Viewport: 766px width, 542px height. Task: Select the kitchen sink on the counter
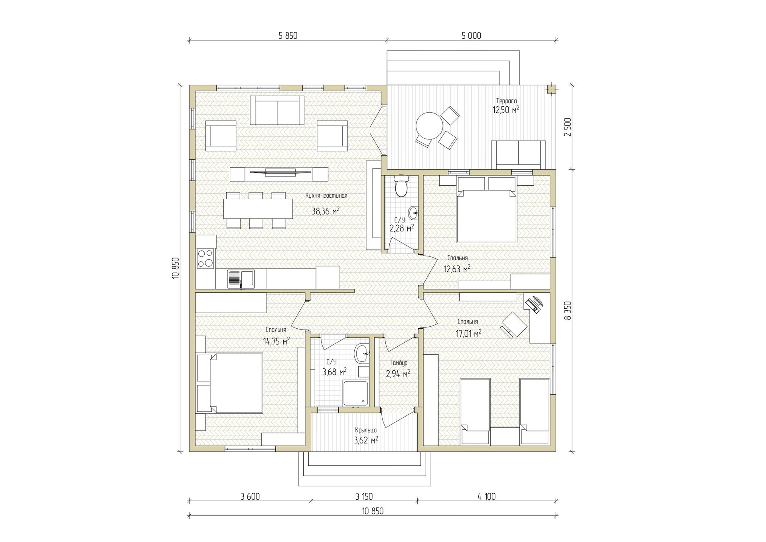(241, 279)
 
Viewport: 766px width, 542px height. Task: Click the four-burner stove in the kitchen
(205, 258)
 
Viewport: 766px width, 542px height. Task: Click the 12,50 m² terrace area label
(505, 110)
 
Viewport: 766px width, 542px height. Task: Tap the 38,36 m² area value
(326, 211)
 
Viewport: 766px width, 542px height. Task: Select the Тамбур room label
(398, 363)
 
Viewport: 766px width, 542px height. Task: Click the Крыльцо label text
(366, 430)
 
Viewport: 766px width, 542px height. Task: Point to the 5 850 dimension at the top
(288, 36)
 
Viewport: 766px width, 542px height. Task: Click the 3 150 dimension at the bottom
(364, 496)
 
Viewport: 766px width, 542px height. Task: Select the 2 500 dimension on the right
(568, 127)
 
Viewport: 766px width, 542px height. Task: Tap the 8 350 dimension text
(568, 310)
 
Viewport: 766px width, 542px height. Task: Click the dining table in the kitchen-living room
(258, 208)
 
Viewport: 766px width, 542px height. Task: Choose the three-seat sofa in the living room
(276, 110)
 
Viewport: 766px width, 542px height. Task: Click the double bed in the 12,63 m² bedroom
(486, 210)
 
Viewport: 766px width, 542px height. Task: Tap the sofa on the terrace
(518, 155)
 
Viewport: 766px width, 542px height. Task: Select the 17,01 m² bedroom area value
(468, 333)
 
